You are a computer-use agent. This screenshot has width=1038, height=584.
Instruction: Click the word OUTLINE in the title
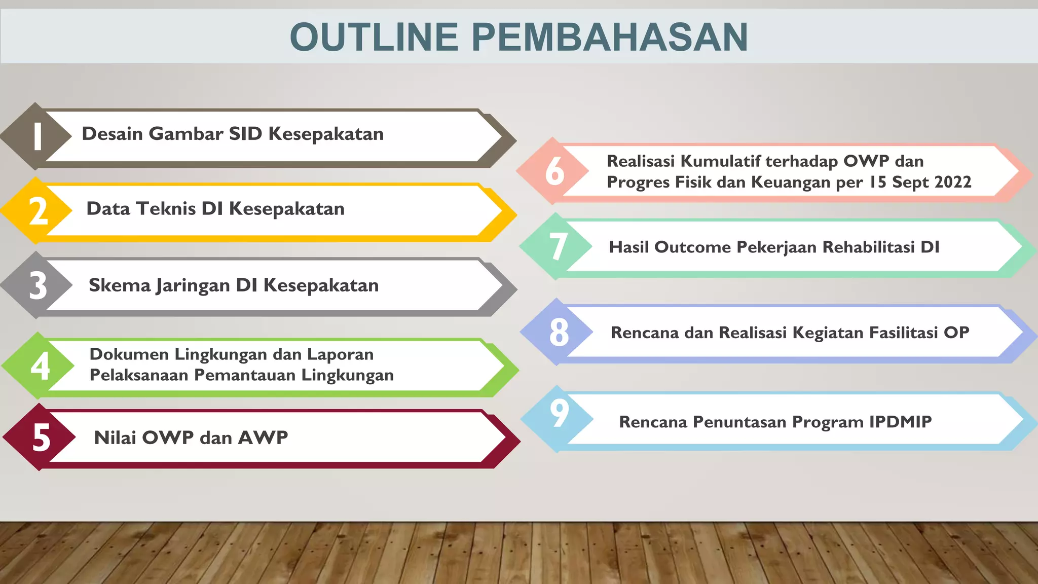click(x=374, y=37)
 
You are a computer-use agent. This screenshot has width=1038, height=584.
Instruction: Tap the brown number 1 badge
click(x=36, y=136)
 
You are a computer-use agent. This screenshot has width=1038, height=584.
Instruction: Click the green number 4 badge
click(x=40, y=366)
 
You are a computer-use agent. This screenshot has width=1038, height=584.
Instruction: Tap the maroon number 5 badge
click(x=41, y=437)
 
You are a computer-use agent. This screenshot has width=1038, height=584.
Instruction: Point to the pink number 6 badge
click(x=554, y=171)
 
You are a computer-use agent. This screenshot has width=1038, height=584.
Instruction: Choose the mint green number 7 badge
click(x=558, y=246)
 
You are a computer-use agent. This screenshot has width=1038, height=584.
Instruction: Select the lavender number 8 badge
click(x=559, y=333)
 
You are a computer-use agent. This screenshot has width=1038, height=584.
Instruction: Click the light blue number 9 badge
click(x=559, y=414)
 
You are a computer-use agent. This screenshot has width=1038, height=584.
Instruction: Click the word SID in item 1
click(x=245, y=134)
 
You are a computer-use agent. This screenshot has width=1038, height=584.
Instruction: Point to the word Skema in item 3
click(x=120, y=285)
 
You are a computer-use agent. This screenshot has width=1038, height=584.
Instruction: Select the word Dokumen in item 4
click(x=129, y=354)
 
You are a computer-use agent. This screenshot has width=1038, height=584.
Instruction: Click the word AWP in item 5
click(x=263, y=437)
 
